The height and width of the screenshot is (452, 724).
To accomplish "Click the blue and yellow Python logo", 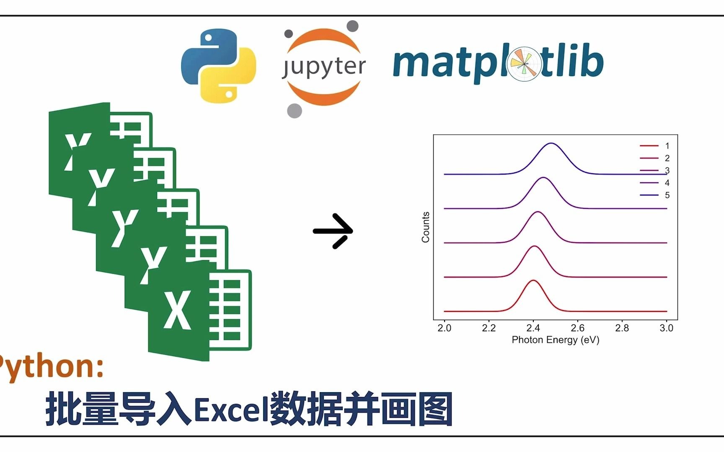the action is click(218, 66).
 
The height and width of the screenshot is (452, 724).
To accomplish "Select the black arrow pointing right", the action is click(333, 231).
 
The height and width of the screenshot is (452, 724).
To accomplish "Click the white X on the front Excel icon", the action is click(178, 310).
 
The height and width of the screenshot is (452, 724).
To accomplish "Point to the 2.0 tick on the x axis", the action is click(444, 328).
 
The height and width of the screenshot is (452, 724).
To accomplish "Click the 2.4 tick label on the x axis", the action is click(533, 328).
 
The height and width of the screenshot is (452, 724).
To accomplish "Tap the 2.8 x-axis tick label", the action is click(622, 328).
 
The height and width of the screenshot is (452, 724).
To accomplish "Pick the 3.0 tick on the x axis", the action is click(666, 328).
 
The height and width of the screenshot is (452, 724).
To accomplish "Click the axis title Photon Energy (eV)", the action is click(556, 340).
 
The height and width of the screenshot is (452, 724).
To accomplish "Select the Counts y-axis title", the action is click(426, 227).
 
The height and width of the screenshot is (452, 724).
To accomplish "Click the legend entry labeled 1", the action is click(654, 146).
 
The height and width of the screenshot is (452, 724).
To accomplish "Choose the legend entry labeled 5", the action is click(654, 195).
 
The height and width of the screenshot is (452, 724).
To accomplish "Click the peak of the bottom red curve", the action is click(533, 280).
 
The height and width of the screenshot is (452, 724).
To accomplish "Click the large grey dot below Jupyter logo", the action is click(295, 111).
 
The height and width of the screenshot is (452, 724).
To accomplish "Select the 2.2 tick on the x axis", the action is click(489, 328).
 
